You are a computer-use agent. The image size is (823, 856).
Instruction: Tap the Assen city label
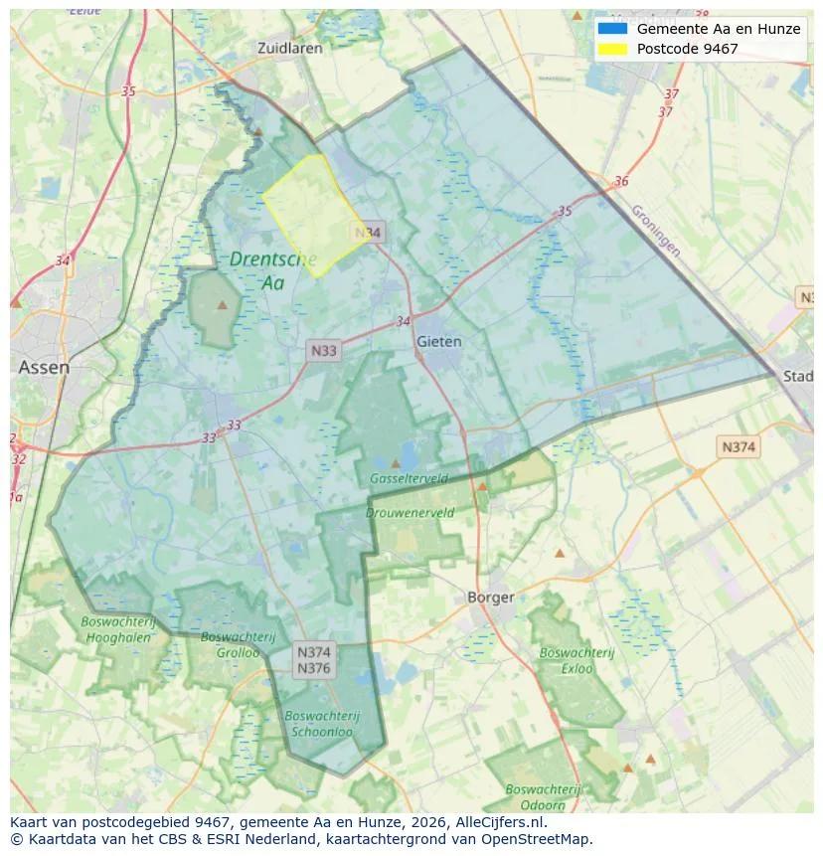click(44, 367)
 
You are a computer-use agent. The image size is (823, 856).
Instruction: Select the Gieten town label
click(438, 341)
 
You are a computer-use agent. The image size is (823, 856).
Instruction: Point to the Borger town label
click(490, 598)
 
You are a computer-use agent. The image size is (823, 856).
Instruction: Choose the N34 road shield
click(368, 233)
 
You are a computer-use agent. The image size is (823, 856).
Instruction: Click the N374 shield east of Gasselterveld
click(739, 447)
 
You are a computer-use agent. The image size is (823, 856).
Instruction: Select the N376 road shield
click(314, 668)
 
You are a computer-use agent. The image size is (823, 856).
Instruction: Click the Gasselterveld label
click(409, 478)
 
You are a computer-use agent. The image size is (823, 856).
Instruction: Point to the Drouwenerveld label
click(410, 513)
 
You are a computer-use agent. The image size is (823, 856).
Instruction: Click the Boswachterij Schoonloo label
click(321, 723)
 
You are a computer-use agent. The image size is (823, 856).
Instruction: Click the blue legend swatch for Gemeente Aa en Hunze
click(612, 29)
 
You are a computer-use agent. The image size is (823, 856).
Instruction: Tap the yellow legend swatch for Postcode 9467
click(612, 49)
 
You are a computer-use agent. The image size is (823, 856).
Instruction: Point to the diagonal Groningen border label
click(655, 231)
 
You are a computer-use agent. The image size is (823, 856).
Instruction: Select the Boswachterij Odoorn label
click(544, 796)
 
